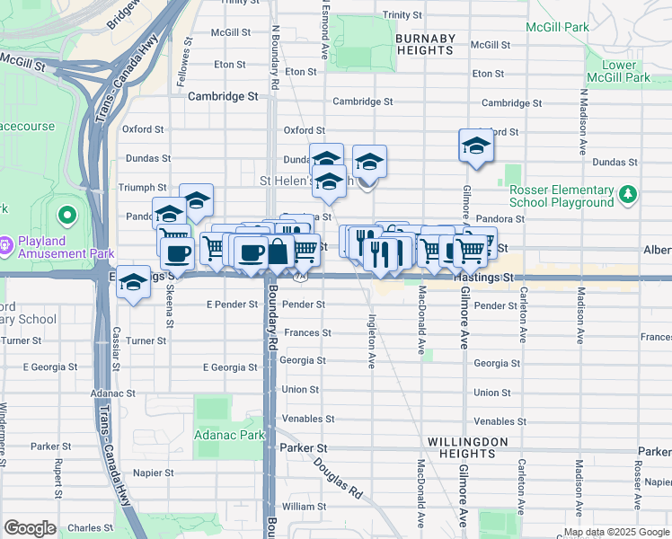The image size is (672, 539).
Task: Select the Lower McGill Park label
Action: (625, 72)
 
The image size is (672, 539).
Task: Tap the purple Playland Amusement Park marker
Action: (6, 243)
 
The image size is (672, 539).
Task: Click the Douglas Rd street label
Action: (338, 480)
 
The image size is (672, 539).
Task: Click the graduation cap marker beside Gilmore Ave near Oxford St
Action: (476, 146)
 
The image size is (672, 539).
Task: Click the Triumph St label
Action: (138, 187)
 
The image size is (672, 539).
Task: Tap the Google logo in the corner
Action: (30, 528)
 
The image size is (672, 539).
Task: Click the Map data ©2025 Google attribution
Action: (615, 531)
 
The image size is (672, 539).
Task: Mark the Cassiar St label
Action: (116, 350)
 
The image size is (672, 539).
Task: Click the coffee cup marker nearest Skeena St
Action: (177, 252)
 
